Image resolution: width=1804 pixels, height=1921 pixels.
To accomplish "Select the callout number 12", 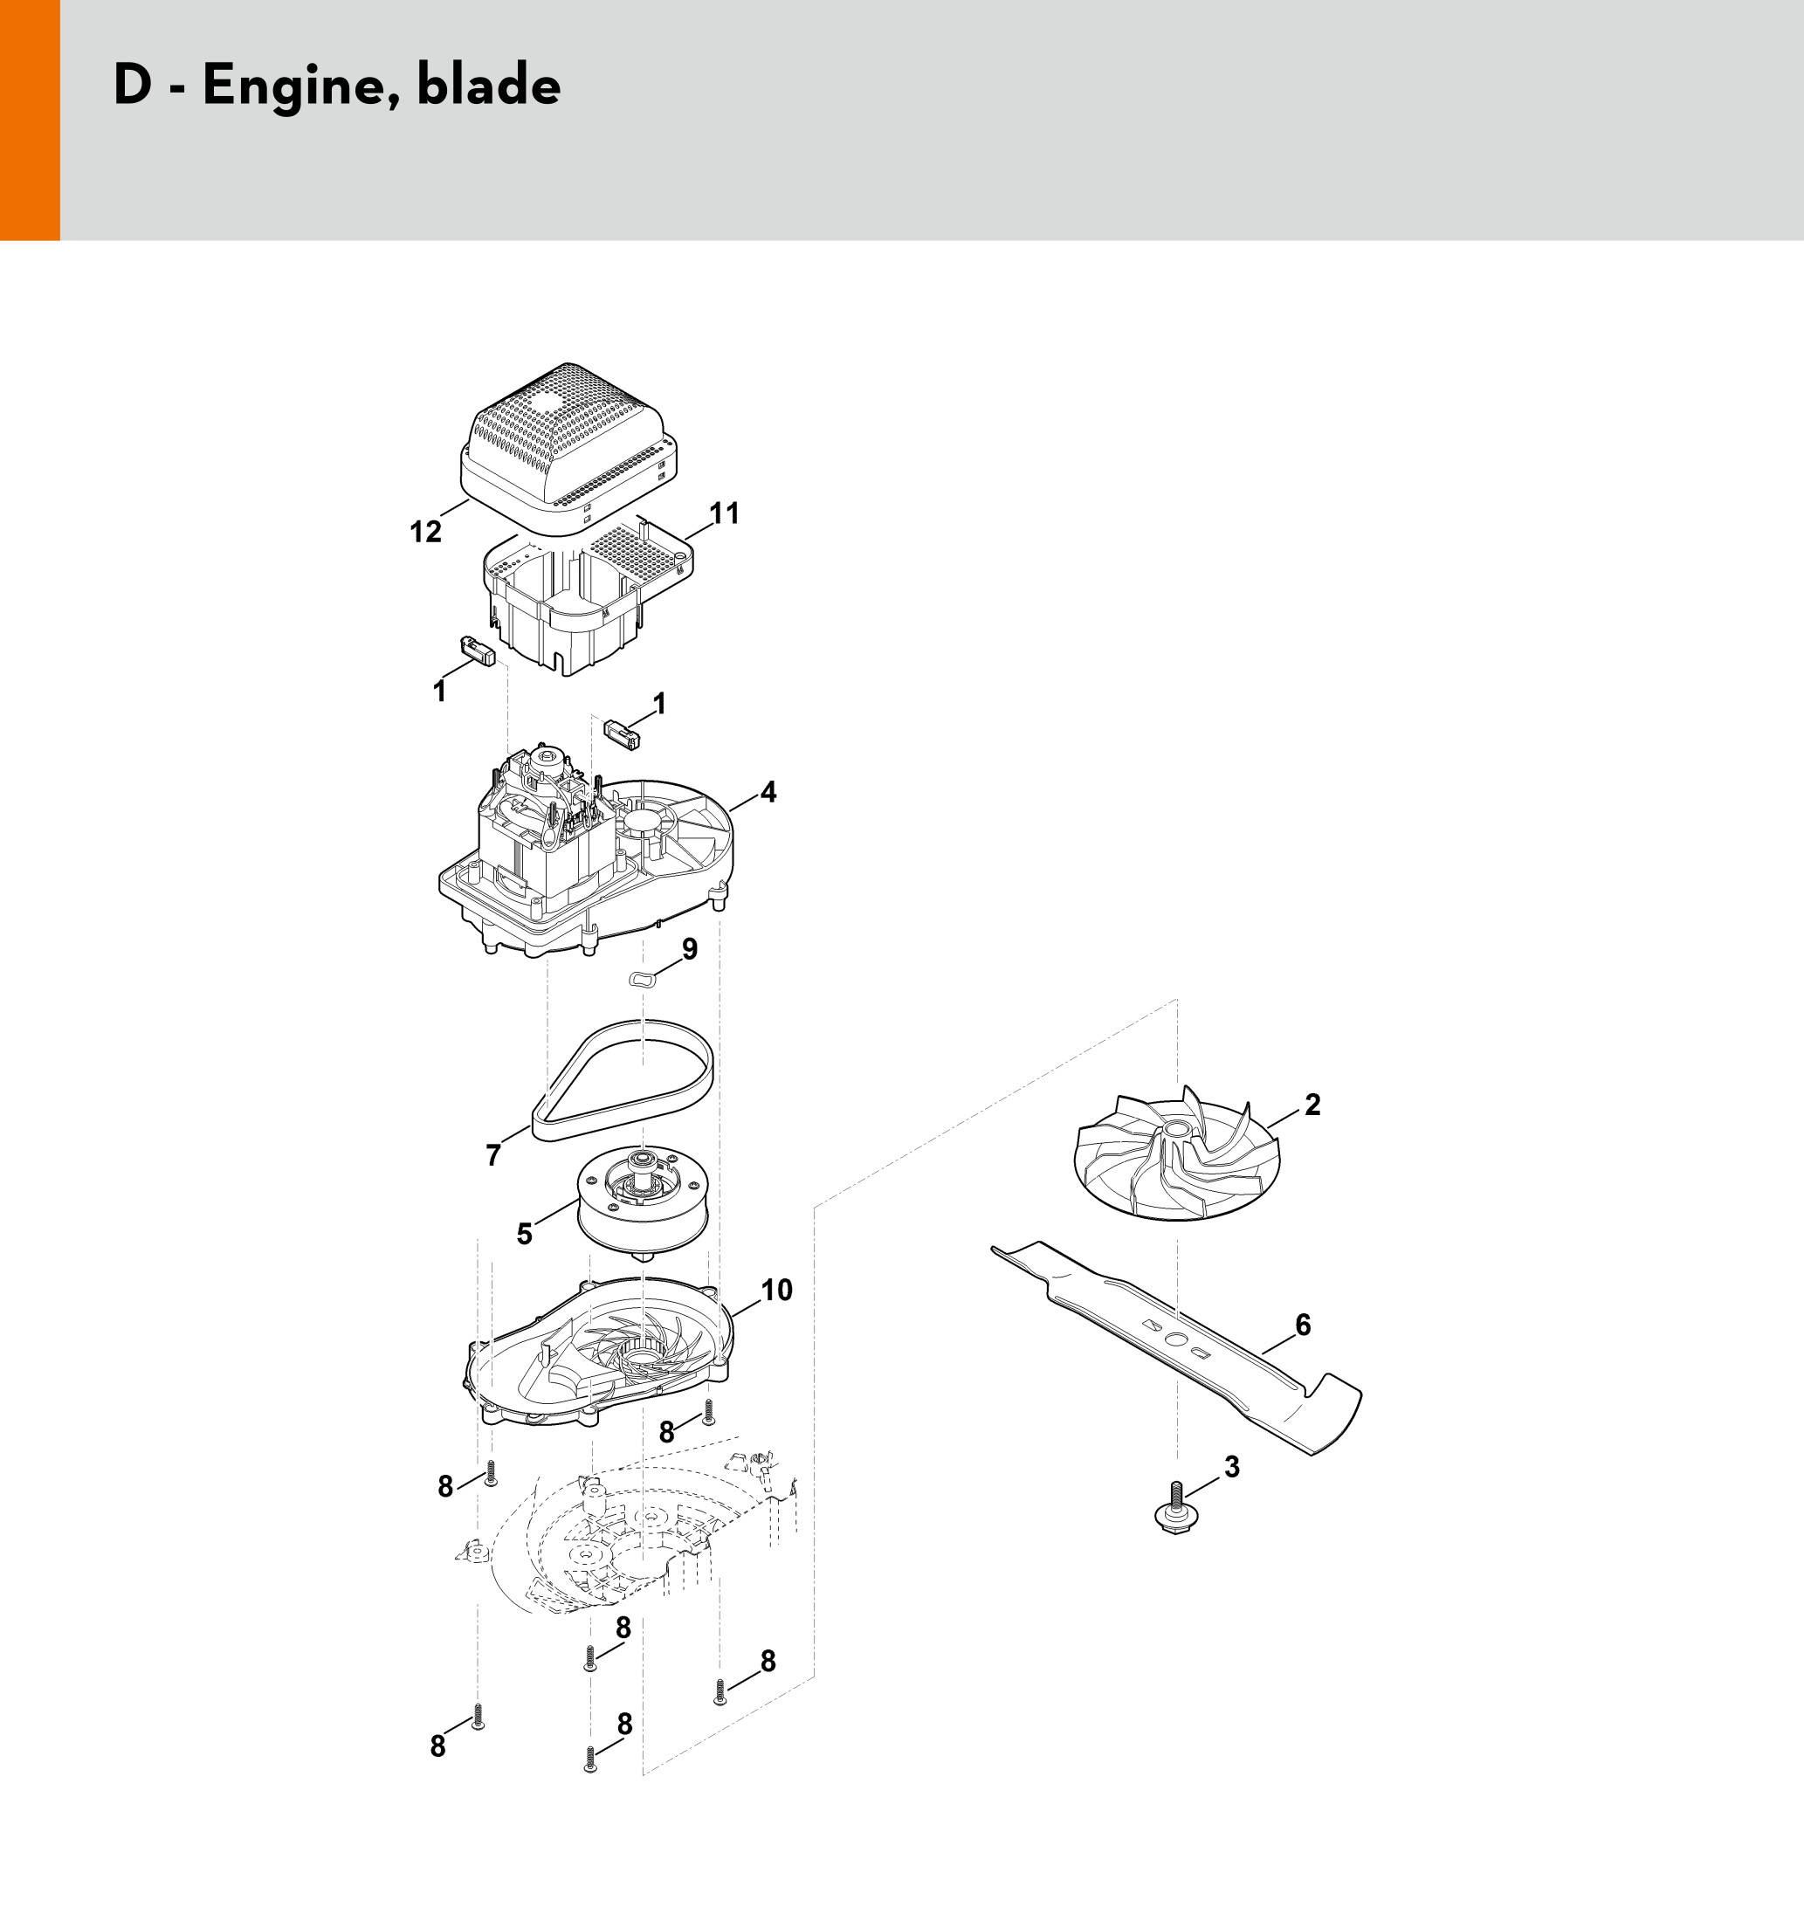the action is [425, 532].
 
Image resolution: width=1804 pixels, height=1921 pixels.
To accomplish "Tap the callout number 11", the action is [724, 513].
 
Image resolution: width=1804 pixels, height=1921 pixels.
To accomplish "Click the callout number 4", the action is [768, 792].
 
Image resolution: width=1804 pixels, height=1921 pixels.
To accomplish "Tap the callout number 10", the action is [776, 1290].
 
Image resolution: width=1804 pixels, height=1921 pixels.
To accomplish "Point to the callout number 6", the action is [1303, 1325].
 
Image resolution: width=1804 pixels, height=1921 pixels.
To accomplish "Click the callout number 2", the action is [1312, 1105].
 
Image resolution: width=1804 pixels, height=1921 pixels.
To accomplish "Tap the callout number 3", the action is [1232, 1467].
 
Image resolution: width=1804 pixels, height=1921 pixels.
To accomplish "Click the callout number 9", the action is [689, 949].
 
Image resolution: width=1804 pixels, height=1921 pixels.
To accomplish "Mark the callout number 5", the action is [524, 1234].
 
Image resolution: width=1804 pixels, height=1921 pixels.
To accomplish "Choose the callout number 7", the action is [493, 1154].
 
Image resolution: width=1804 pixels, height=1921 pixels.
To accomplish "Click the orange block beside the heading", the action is [30, 120].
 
